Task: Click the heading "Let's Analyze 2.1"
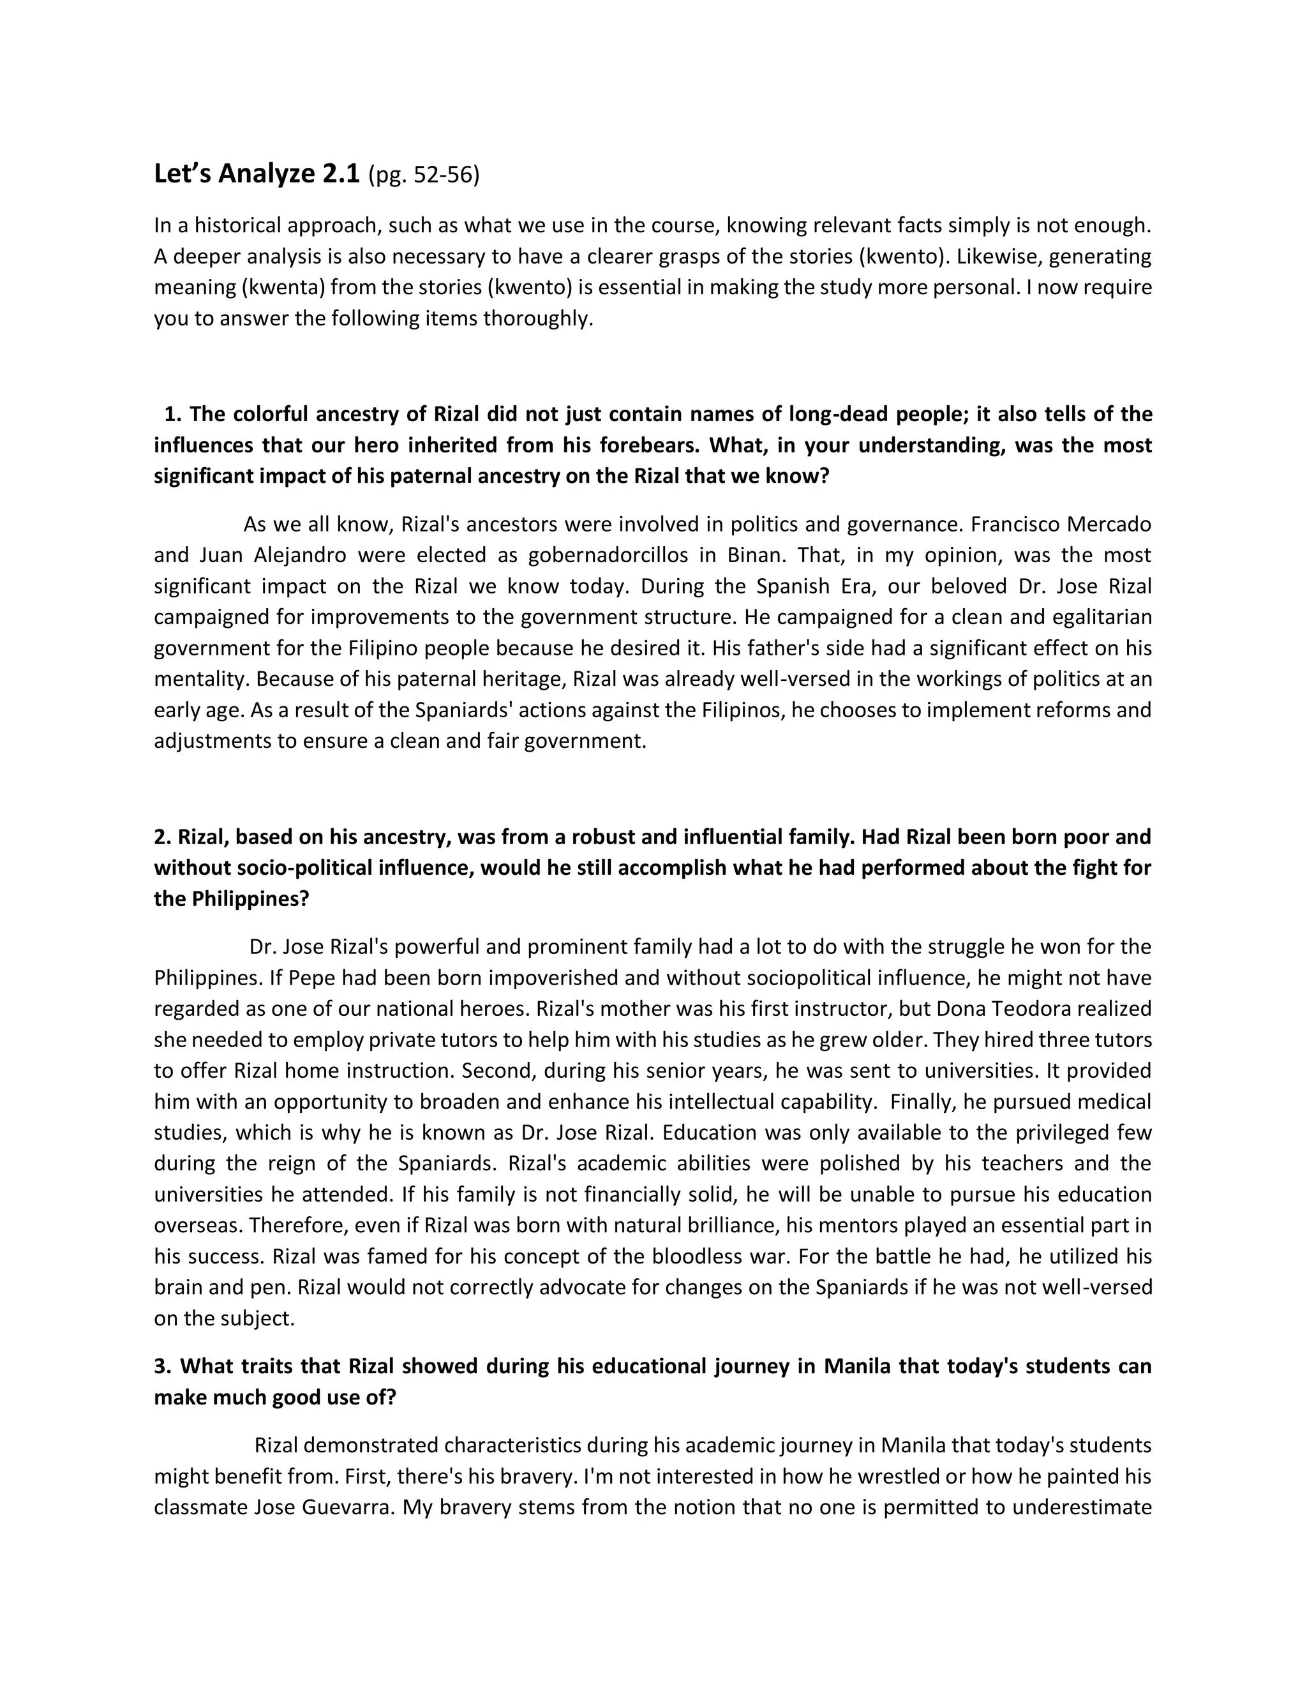pos(257,174)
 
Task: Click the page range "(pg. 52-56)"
pos(424,175)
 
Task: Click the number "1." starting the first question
pos(174,414)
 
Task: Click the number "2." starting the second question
pos(163,837)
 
